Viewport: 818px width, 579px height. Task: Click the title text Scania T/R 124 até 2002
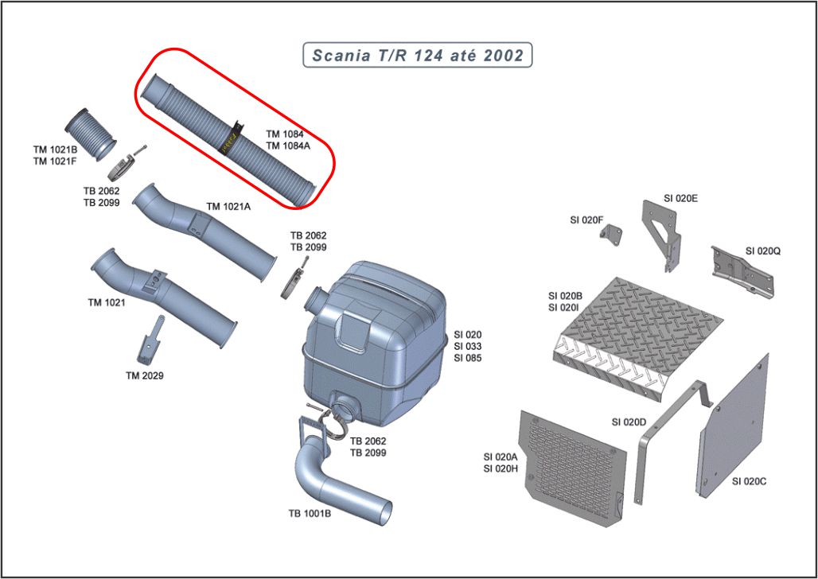coord(418,55)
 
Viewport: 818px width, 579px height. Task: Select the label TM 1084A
coord(289,146)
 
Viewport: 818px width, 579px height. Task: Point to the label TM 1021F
coord(55,161)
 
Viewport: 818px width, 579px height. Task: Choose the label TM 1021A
coord(228,207)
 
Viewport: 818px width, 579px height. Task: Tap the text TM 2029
coord(144,375)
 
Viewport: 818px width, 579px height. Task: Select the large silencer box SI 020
coord(374,334)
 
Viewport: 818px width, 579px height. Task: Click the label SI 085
coord(468,358)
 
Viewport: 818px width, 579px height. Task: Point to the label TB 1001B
coord(310,513)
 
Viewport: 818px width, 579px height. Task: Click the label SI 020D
coord(629,421)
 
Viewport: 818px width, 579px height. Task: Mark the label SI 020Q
coord(762,251)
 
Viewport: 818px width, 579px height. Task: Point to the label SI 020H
coord(501,468)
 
